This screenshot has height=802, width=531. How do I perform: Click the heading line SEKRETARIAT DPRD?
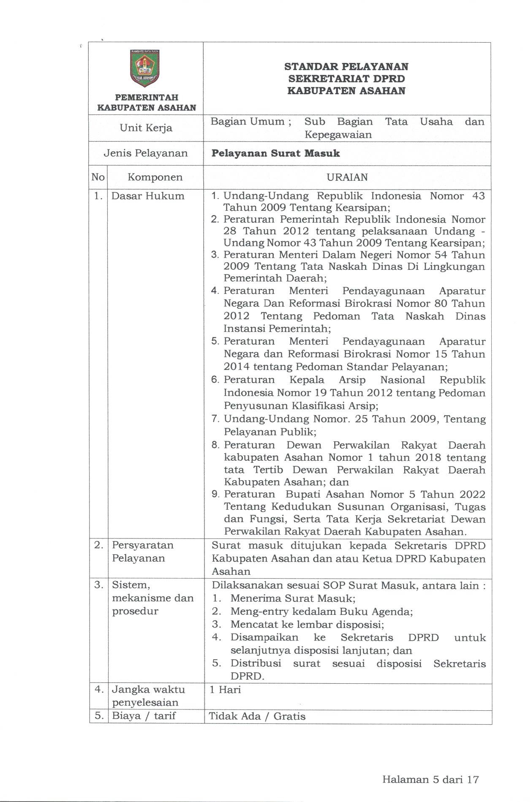[x=346, y=79]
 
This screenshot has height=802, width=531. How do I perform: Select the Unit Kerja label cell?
[x=146, y=128]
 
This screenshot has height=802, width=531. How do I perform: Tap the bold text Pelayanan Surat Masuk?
[x=275, y=153]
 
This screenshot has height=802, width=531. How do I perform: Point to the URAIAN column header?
[x=347, y=177]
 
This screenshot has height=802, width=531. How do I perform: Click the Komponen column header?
[x=155, y=177]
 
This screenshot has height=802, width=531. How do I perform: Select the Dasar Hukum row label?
[x=148, y=196]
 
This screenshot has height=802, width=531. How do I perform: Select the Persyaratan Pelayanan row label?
[x=142, y=552]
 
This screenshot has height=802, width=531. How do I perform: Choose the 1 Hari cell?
[x=225, y=690]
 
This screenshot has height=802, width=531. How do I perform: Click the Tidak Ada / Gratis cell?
[x=257, y=716]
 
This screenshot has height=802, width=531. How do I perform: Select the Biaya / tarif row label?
[x=144, y=716]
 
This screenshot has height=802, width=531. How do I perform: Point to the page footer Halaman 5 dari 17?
[x=430, y=780]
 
